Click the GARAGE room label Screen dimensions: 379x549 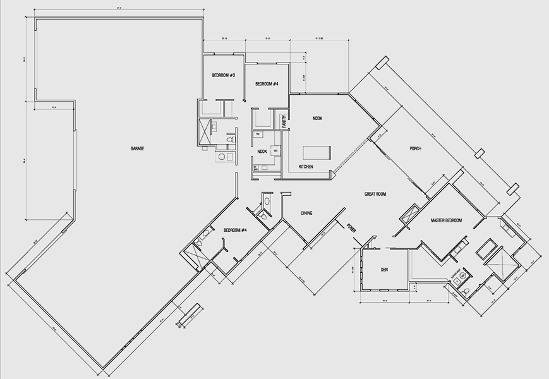point(137,148)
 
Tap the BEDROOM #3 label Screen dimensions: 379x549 point(223,75)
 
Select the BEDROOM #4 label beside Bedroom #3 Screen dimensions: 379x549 point(267,84)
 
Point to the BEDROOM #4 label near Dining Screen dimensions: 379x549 point(235,231)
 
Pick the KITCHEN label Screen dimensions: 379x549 point(306,167)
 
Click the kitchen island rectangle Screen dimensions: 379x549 point(317,152)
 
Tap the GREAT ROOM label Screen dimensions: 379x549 point(375,194)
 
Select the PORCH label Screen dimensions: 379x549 point(414,148)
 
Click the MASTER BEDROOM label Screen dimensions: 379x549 point(446,220)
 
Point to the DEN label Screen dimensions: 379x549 point(383,270)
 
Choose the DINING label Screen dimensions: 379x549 point(306,213)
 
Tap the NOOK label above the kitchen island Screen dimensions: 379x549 point(317,118)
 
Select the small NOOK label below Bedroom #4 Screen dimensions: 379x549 point(262,152)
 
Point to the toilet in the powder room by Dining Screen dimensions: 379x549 point(266,202)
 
